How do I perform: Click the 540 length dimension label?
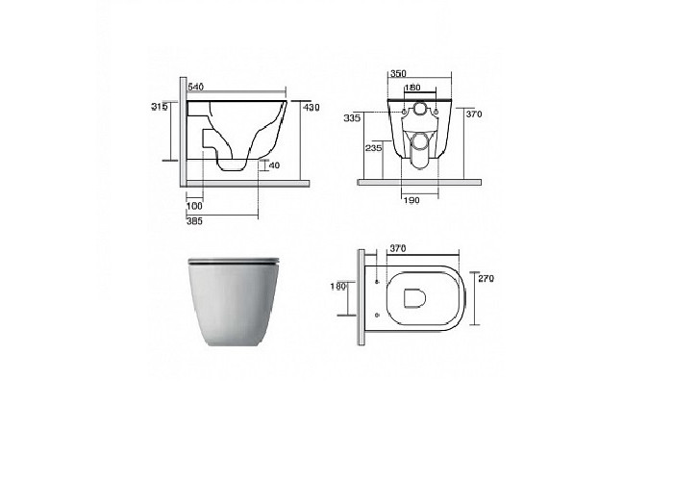tap(195, 87)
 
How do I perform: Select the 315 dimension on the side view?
tap(160, 107)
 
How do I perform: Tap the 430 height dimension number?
tap(312, 108)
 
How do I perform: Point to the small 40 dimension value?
tap(274, 165)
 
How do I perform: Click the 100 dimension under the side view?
tap(194, 206)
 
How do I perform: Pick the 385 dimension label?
tap(194, 221)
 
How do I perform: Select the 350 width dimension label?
tap(397, 73)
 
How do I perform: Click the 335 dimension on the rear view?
tap(352, 118)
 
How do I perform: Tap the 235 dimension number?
tap(373, 148)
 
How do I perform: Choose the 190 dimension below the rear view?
tap(411, 200)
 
